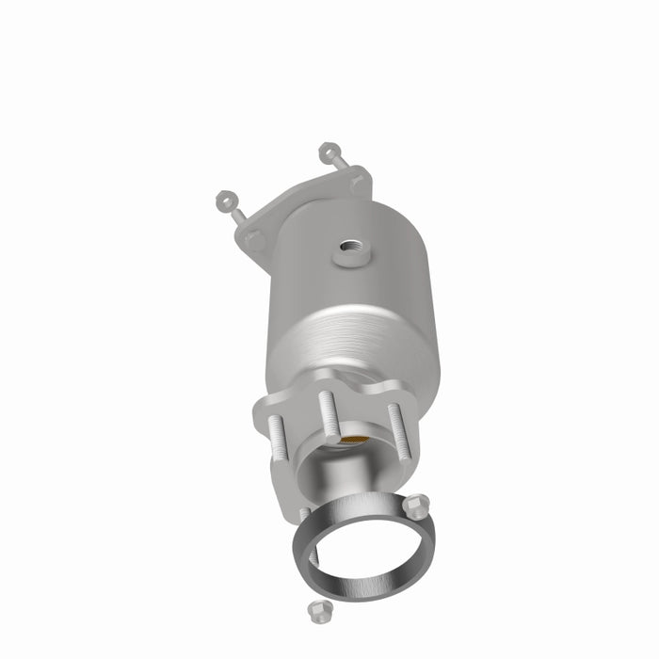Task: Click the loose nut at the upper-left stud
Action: point(224,200)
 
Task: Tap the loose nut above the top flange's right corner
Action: point(328,151)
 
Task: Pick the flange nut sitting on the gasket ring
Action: point(419,506)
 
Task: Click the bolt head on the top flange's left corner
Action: point(254,240)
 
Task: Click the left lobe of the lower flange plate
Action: point(268,414)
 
